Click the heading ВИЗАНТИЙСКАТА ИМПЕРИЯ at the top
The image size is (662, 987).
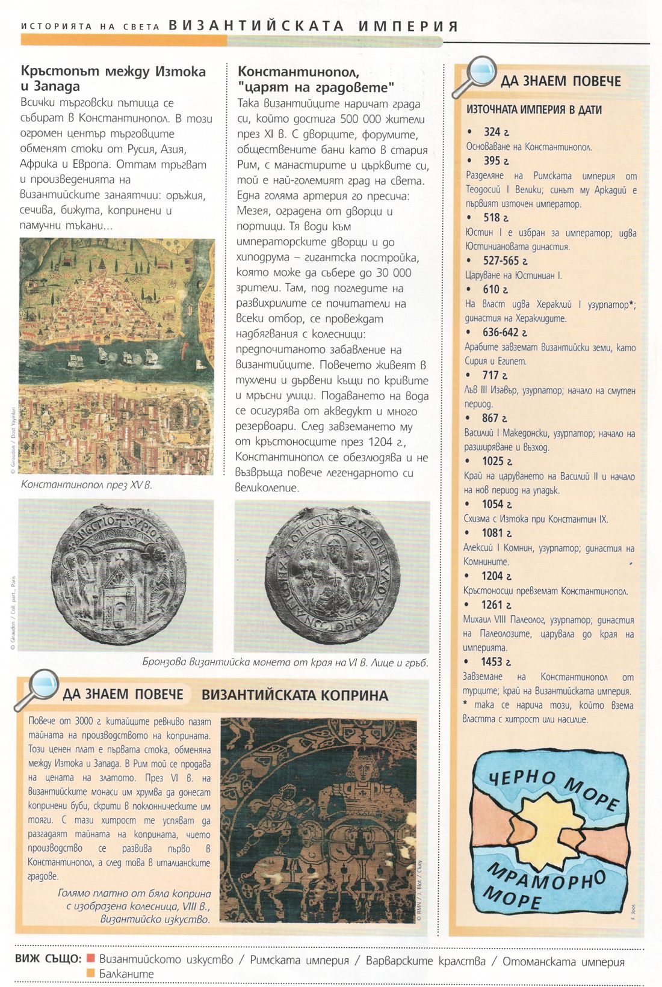coord(314,26)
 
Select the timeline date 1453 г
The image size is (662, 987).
coord(495,662)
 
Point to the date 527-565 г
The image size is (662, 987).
coord(505,260)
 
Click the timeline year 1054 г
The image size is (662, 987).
coord(496,504)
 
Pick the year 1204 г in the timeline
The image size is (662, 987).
coord(496,576)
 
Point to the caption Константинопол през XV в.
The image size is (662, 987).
coord(86,484)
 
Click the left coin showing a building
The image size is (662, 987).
coord(116,576)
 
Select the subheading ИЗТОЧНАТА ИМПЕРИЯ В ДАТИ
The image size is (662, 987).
coord(534,110)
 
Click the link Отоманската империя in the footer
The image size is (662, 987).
coord(563,961)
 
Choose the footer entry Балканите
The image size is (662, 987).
coord(126,974)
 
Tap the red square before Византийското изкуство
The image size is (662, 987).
coord(91,959)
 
